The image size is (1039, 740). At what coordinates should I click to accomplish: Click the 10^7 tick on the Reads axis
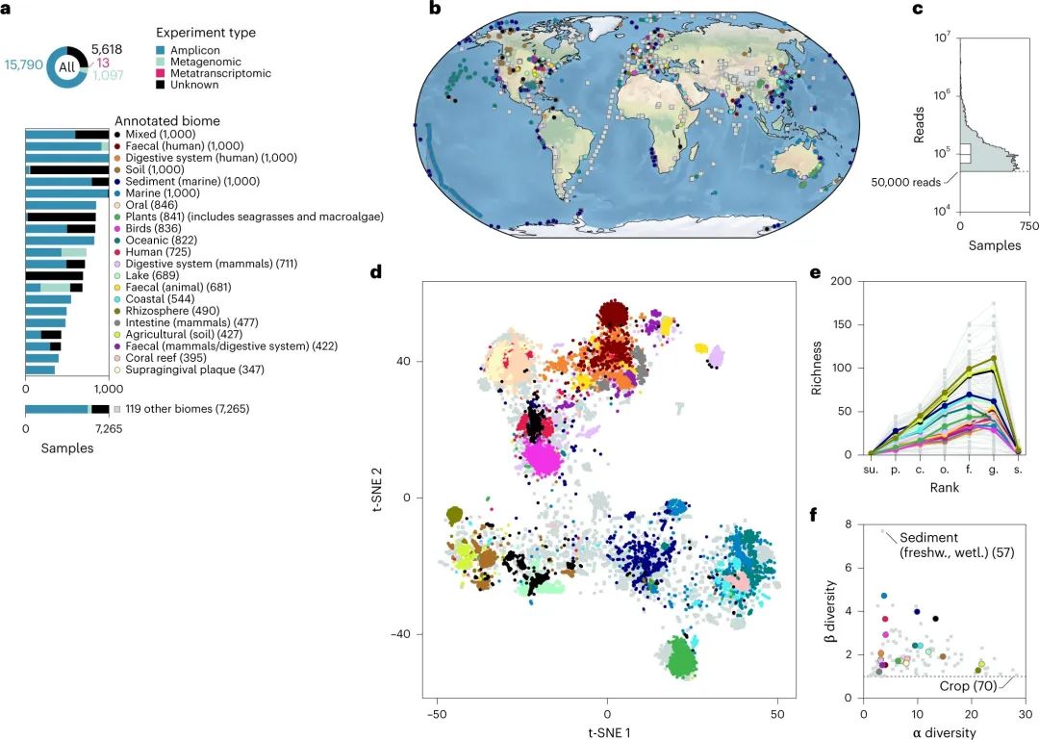pos(941,37)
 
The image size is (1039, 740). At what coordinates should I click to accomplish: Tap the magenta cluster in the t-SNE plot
pos(543,459)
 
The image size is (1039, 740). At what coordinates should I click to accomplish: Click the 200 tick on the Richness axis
pos(843,281)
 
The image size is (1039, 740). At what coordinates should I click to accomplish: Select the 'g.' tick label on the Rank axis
pos(993,472)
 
